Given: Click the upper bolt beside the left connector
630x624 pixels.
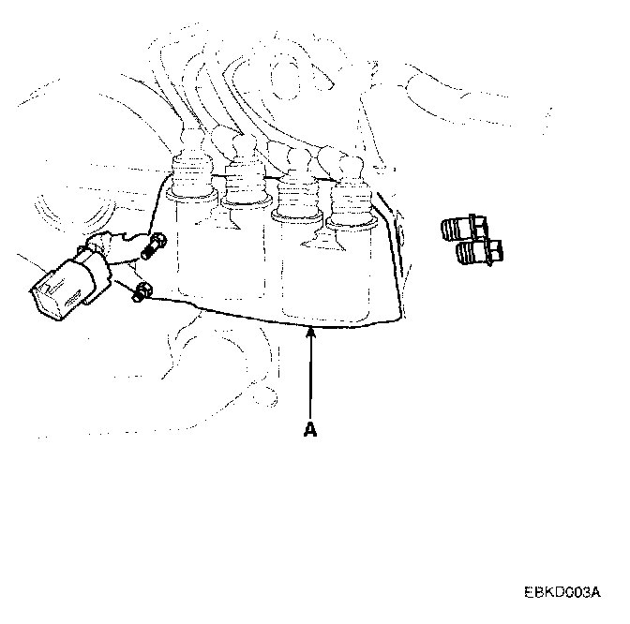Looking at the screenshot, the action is coord(153,247).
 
